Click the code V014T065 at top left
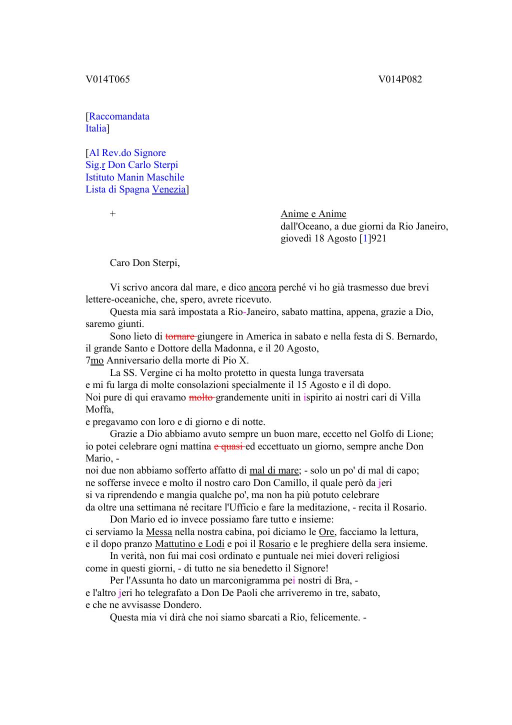click(x=107, y=79)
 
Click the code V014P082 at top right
click(x=400, y=79)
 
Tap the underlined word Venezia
click(x=169, y=189)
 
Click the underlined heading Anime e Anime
click(x=313, y=214)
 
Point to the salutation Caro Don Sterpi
click(x=144, y=263)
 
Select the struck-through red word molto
click(x=201, y=397)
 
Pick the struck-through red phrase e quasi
click(x=228, y=446)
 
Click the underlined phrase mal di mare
click(x=274, y=470)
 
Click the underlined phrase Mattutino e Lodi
click(x=189, y=544)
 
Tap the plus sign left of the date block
click(x=113, y=214)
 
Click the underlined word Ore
click(x=326, y=532)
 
